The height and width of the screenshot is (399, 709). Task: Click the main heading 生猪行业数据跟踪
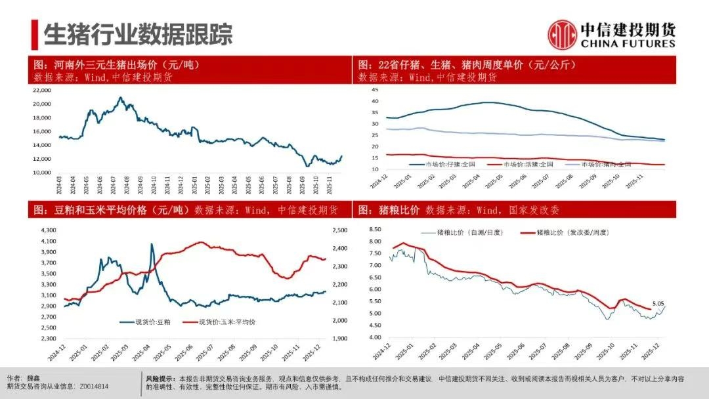point(138,35)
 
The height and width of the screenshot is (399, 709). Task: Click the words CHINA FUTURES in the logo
point(627,43)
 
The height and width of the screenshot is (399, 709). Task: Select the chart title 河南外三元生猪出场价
point(116,65)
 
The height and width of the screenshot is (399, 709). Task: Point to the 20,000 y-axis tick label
point(41,104)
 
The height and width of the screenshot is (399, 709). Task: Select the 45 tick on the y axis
point(376,89)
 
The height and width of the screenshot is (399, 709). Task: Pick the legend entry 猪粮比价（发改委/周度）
point(570,232)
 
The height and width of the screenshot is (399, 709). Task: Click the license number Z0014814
point(93,387)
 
